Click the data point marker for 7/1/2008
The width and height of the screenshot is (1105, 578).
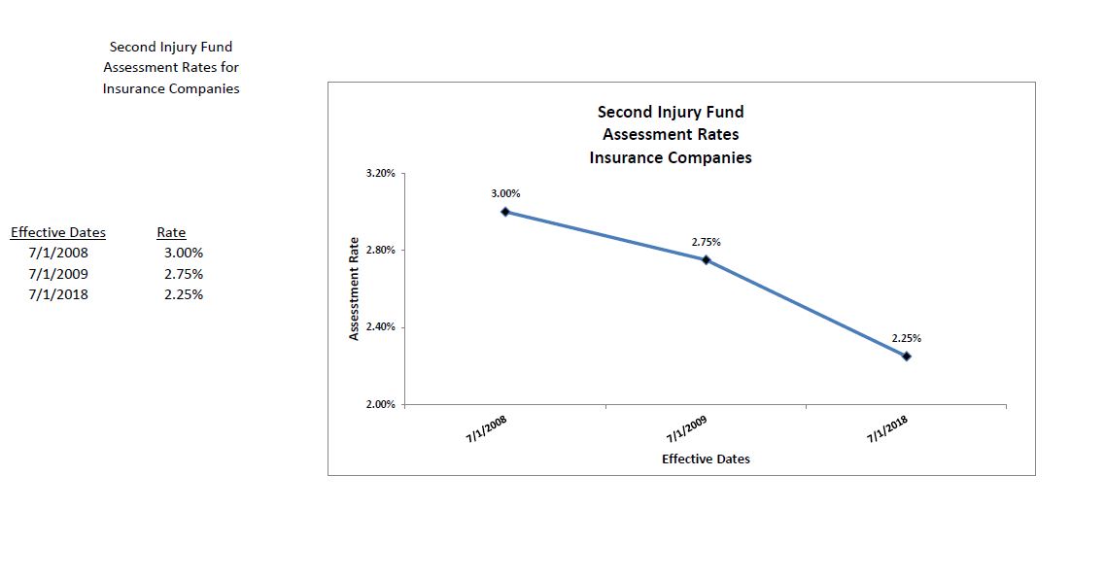point(505,211)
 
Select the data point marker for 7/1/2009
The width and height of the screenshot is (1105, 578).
point(706,259)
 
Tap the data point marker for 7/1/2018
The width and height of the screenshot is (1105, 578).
point(907,357)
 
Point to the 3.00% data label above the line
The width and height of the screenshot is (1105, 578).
point(505,193)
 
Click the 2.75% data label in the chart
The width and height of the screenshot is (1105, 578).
point(707,241)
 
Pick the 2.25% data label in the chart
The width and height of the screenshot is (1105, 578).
point(907,338)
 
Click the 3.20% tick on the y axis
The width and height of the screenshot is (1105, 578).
point(380,173)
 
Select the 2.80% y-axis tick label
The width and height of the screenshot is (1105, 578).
point(380,250)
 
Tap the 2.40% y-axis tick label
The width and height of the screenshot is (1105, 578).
point(380,327)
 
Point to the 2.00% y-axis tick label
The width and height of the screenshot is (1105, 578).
point(380,404)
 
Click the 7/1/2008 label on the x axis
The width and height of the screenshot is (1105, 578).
point(487,428)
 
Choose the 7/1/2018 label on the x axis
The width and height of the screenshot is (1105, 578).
point(887,428)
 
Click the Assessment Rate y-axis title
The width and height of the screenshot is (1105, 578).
point(355,289)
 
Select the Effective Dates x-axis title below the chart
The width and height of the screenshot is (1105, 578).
point(706,459)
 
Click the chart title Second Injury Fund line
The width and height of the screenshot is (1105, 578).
point(671,113)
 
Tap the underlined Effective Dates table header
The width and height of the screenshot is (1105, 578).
point(58,232)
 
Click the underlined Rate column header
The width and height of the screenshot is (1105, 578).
point(171,232)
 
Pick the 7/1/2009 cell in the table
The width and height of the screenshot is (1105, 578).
point(58,274)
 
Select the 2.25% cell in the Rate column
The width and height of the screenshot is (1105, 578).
point(184,294)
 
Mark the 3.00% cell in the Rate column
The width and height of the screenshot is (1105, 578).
point(184,254)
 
